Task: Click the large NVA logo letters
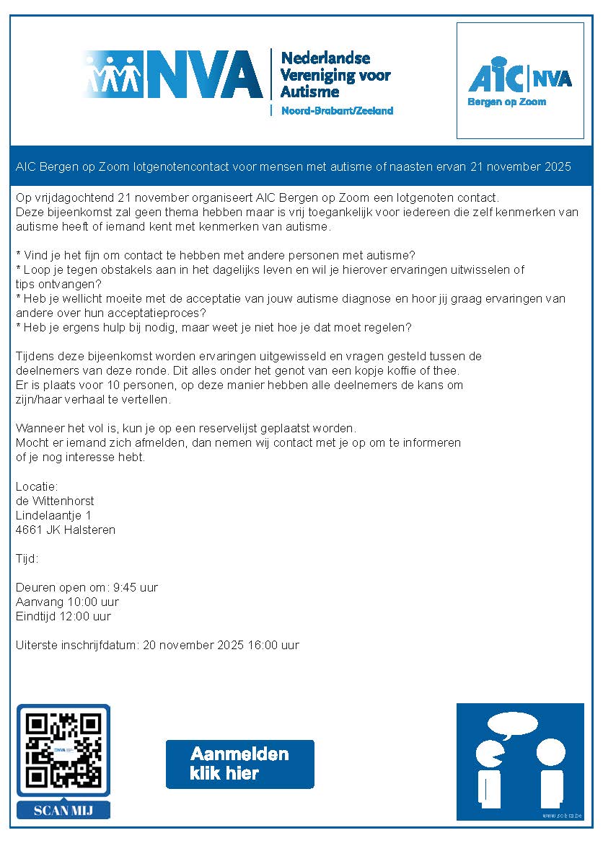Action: (203, 73)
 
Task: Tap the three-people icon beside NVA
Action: (112, 72)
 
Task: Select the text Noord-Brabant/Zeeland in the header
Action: (337, 111)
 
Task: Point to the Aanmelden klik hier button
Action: (239, 764)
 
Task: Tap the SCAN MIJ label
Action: (63, 810)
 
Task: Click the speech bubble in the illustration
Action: (512, 723)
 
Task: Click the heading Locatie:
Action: (37, 487)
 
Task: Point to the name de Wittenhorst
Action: (55, 501)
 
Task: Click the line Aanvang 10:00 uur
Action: (67, 602)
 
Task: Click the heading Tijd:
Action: (27, 559)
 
